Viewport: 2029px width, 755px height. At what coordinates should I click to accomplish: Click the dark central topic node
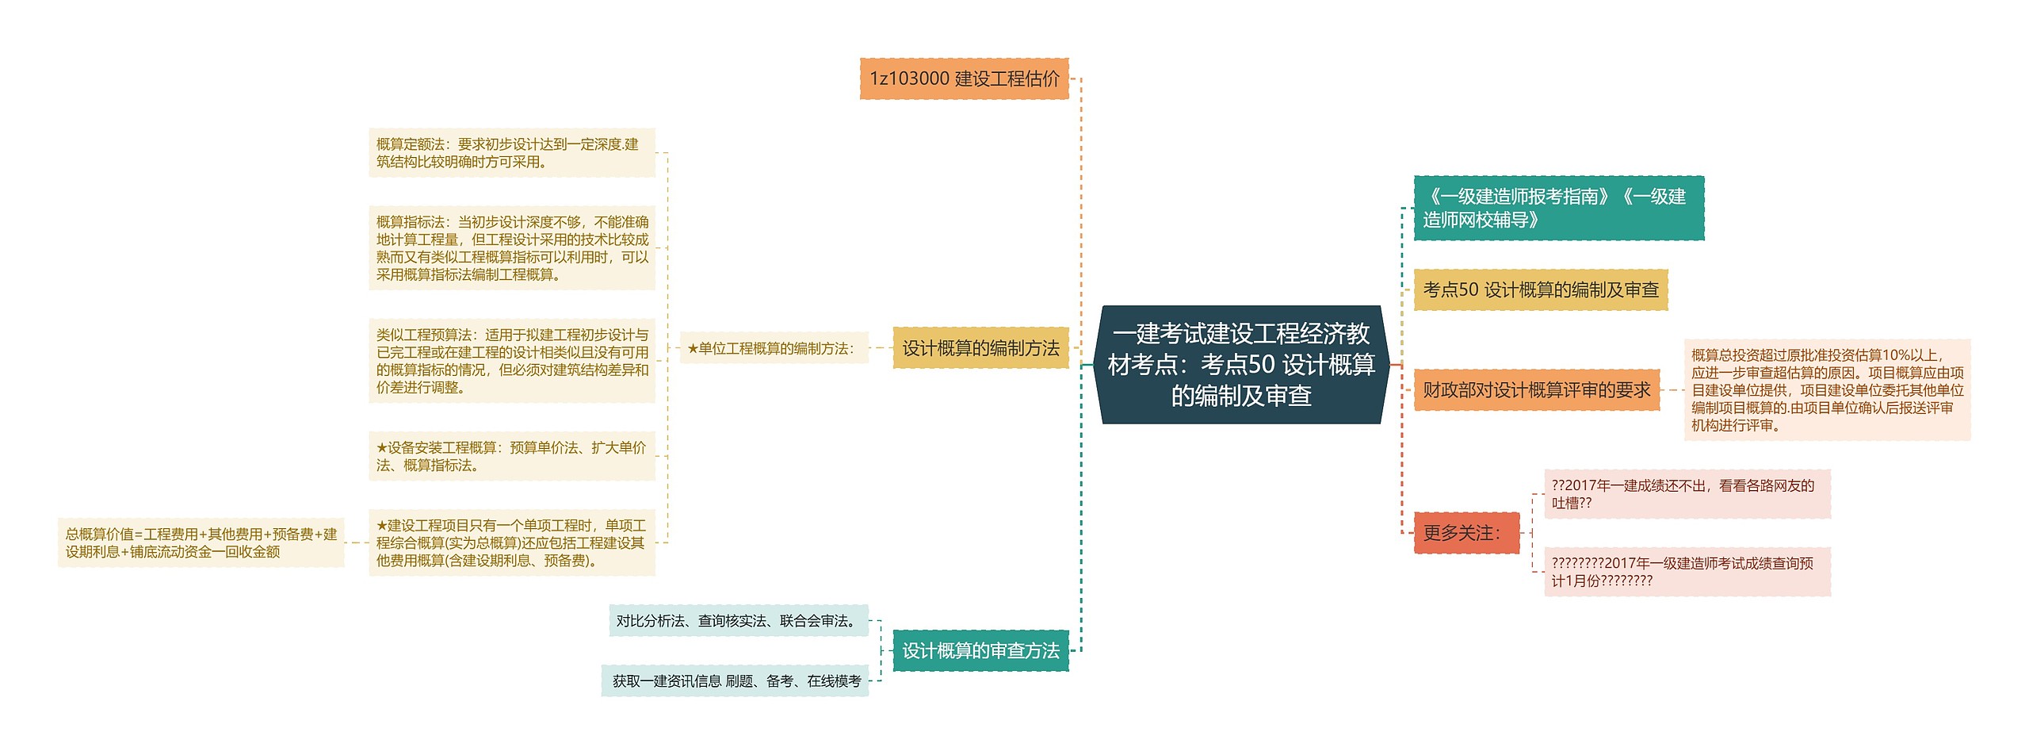click(x=1240, y=365)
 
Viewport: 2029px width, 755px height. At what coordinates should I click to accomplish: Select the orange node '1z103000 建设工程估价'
click(x=964, y=79)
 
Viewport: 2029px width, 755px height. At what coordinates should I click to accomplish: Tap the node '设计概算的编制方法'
click(x=980, y=348)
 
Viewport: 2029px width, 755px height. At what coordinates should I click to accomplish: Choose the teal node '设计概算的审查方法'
click(x=980, y=651)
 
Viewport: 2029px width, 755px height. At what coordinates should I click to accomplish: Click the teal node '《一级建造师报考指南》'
click(x=1558, y=209)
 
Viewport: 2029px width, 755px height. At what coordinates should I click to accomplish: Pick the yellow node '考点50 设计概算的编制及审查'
click(x=1540, y=290)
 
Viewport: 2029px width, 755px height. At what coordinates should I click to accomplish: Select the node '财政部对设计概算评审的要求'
click(x=1536, y=390)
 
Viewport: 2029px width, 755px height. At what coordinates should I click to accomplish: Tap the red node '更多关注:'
click(x=1466, y=533)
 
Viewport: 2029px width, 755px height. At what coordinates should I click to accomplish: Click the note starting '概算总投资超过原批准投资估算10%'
click(x=1826, y=390)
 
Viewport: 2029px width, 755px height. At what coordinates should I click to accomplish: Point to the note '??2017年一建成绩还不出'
click(x=1687, y=494)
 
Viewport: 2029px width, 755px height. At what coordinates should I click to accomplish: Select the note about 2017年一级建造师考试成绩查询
click(x=1687, y=572)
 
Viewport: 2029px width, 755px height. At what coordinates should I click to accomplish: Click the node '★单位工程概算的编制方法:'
click(x=774, y=348)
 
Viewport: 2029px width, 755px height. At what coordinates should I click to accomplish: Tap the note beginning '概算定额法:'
click(x=511, y=153)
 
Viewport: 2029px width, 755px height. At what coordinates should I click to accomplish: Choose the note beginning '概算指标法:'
click(x=511, y=248)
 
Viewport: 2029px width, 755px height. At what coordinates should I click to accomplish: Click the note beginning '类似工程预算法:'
click(x=511, y=361)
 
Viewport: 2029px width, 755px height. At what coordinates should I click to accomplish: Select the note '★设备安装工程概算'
click(x=511, y=456)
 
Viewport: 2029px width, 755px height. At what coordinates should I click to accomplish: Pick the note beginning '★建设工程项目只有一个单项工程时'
click(x=511, y=542)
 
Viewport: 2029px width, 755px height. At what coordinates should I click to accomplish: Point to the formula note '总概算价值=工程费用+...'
click(x=201, y=542)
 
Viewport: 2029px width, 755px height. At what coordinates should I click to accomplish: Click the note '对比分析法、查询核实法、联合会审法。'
click(x=738, y=621)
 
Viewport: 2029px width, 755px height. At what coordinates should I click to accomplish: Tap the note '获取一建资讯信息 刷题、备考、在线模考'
click(x=735, y=681)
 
